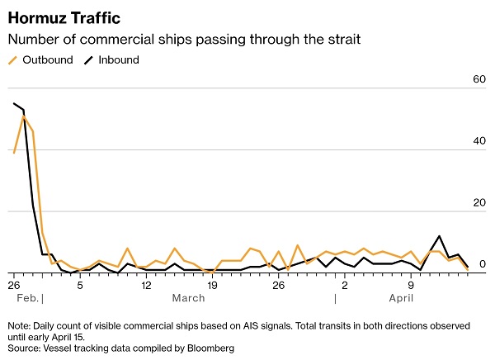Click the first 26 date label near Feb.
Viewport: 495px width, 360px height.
[14, 285]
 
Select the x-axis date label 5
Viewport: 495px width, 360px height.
[80, 285]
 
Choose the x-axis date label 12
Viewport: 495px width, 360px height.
[146, 285]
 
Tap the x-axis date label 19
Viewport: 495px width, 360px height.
[212, 285]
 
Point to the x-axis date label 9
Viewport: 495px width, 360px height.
[410, 285]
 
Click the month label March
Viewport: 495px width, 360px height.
[188, 298]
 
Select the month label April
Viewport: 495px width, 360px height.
[401, 298]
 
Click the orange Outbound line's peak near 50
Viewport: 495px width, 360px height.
[23, 116]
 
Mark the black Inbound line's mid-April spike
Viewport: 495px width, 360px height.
[440, 236]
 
